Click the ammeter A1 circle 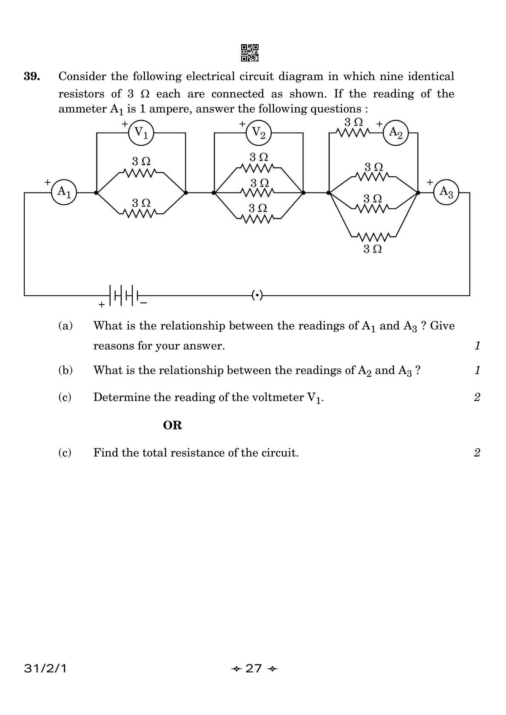pos(64,192)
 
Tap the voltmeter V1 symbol pos(141,133)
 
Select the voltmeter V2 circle pos(259,133)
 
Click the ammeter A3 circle pos(446,192)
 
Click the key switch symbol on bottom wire pos(258,294)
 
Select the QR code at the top pos(250,53)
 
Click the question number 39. pos(32,77)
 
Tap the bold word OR pos(172,425)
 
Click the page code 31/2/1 pos(45,669)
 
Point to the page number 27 pos(254,669)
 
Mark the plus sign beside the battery pos(101,305)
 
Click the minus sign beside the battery pos(144,303)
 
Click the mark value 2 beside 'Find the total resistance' pos(477,452)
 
